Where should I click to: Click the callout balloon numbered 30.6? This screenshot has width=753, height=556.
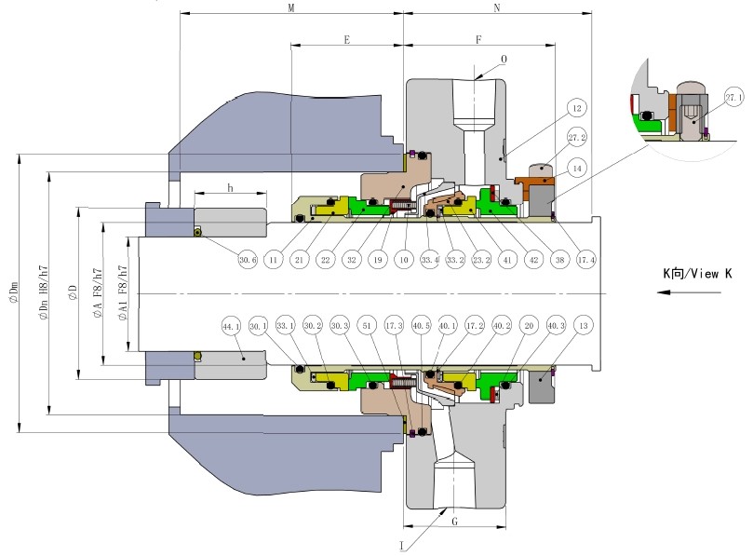pyautogui.click(x=247, y=259)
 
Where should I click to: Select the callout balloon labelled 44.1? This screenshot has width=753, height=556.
pyautogui.click(x=232, y=327)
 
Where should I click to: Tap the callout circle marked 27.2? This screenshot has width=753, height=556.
pyautogui.click(x=577, y=138)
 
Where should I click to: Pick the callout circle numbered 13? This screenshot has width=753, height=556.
pyautogui.click(x=583, y=326)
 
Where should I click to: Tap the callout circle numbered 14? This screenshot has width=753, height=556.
pyautogui.click(x=577, y=168)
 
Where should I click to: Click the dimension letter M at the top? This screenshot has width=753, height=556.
pyautogui.click(x=291, y=7)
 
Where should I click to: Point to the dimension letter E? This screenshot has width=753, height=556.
pyautogui.click(x=346, y=41)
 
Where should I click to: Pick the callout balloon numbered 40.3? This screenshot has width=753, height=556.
pyautogui.click(x=556, y=326)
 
